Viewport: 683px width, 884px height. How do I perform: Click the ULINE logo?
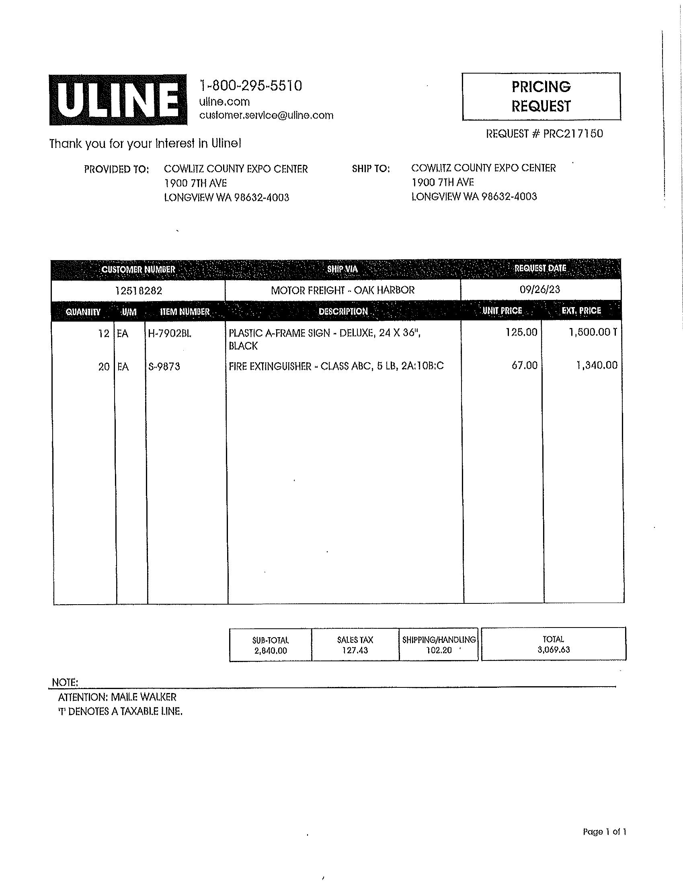pos(118,100)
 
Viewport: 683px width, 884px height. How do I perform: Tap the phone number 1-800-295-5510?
pos(250,86)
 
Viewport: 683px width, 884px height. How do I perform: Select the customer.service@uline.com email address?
pos(266,115)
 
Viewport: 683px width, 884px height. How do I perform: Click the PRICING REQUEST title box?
pos(541,96)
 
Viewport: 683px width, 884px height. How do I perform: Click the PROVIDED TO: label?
pos(116,169)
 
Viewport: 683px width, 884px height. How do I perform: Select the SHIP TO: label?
pos(371,169)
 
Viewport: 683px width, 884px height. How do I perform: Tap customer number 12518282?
pos(138,290)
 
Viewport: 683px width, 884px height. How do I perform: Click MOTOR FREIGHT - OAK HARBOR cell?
pos(343,290)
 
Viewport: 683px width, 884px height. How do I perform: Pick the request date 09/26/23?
pos(539,289)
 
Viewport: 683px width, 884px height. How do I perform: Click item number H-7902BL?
pos(170,334)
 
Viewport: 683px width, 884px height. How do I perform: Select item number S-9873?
pos(164,367)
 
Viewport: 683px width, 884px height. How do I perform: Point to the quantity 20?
pos(104,367)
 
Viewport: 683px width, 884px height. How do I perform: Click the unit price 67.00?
pos(524,365)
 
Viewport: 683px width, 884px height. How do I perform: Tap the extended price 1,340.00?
pos(597,365)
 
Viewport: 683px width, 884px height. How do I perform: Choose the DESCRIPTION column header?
pos(343,312)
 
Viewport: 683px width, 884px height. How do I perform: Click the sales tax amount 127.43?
pos(355,650)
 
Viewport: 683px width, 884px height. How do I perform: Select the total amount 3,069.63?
pos(554,650)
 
